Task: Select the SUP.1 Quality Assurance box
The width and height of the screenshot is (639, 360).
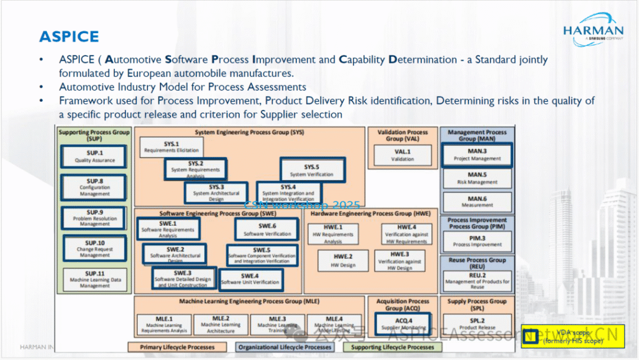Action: [x=95, y=156]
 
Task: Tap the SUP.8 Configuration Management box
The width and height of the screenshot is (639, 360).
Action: [x=95, y=187]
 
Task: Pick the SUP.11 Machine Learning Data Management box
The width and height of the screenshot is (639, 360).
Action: [x=95, y=279]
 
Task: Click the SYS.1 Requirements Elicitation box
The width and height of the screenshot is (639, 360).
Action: [x=171, y=147]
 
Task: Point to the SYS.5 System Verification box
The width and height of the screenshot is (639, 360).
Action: [x=311, y=170]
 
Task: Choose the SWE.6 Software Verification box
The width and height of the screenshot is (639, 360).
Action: [x=267, y=229]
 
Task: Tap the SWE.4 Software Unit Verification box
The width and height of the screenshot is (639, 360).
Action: [x=250, y=279]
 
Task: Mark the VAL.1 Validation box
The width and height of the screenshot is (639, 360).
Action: [x=402, y=155]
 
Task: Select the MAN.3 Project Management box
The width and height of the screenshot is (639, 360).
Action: [x=477, y=155]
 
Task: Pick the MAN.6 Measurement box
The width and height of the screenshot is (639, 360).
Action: [x=477, y=201]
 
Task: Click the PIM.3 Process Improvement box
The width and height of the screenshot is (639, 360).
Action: [x=477, y=241]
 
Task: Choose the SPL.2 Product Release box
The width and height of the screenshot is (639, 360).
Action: [x=477, y=324]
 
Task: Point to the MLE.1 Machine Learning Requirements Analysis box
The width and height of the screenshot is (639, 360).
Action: [x=164, y=324]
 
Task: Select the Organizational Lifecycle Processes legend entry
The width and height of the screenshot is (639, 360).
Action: [x=284, y=347]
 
